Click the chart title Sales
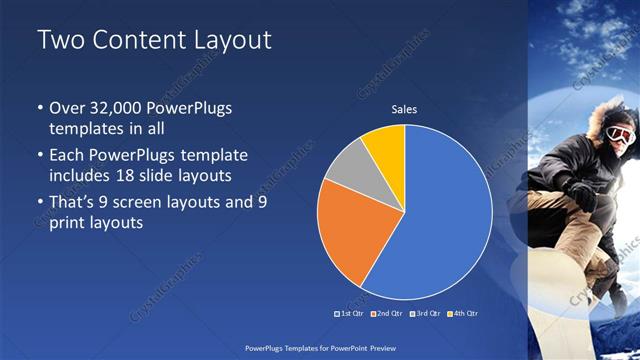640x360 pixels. (404, 109)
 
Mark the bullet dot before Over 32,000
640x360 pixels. (39, 108)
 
